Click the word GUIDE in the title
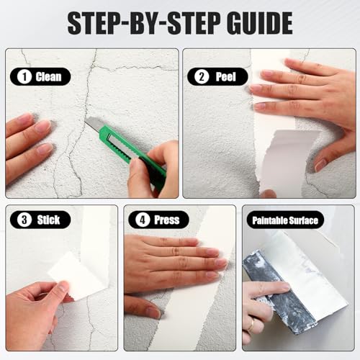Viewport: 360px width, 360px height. point(260,23)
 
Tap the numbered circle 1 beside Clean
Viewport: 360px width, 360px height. point(24,77)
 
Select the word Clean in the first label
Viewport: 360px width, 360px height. point(48,77)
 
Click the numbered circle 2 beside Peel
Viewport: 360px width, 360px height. point(202,77)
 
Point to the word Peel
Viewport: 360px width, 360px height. point(225,77)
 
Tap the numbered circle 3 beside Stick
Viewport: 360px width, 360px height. point(24,220)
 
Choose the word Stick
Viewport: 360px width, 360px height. point(48,220)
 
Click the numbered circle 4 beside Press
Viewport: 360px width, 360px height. point(143,220)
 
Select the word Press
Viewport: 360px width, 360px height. point(167,220)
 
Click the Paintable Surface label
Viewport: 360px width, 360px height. point(285,220)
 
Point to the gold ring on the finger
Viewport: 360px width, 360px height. point(251,325)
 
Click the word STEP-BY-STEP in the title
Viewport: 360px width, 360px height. point(144,23)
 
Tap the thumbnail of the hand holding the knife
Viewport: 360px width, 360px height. point(135,166)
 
